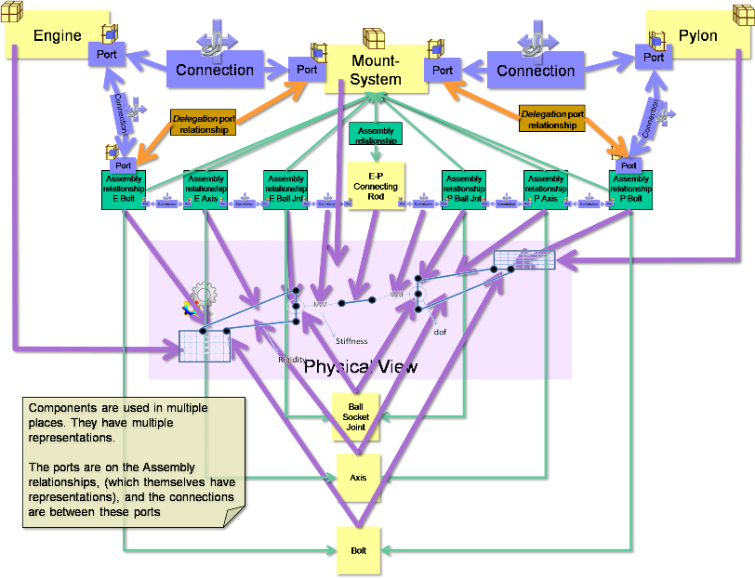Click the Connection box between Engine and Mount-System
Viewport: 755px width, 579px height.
click(x=215, y=70)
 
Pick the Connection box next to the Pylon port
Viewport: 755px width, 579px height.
click(x=536, y=71)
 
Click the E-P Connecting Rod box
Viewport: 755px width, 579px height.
click(x=376, y=186)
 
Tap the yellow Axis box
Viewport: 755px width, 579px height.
click(x=357, y=478)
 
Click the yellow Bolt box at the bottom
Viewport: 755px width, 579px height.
click(x=357, y=550)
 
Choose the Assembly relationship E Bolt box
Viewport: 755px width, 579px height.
click(x=124, y=189)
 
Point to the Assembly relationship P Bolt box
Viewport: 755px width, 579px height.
click(x=631, y=189)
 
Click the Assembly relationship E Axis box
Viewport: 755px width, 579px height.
click(x=205, y=189)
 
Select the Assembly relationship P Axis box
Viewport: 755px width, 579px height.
click(x=545, y=189)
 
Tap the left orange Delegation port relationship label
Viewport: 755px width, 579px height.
click(x=202, y=125)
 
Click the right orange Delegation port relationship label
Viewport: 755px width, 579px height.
click(x=552, y=119)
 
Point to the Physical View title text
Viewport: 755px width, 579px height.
click(x=362, y=367)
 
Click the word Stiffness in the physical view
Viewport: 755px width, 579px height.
click(x=351, y=341)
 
